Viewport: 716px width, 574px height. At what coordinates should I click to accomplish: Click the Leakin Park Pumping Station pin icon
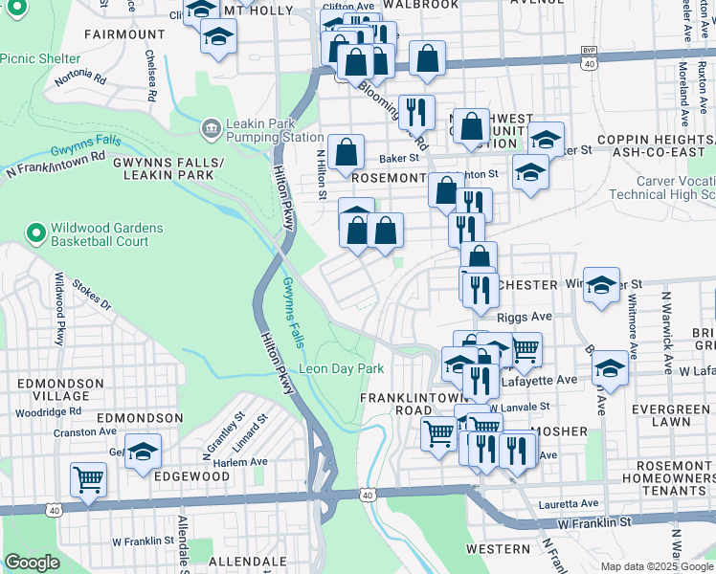coord(211,127)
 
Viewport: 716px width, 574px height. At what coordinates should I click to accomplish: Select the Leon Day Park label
coord(342,368)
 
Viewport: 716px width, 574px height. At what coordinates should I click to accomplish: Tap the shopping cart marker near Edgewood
coord(88,478)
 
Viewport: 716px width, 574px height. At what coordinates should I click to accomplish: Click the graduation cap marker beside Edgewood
coord(143,452)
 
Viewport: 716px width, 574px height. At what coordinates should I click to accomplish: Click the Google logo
coord(32,563)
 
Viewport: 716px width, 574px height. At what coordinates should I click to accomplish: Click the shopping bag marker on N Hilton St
coord(347,151)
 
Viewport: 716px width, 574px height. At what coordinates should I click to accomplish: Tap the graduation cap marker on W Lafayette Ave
coord(610,367)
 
